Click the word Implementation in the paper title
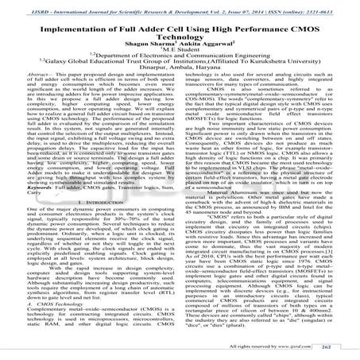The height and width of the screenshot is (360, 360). click(x=75, y=27)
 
